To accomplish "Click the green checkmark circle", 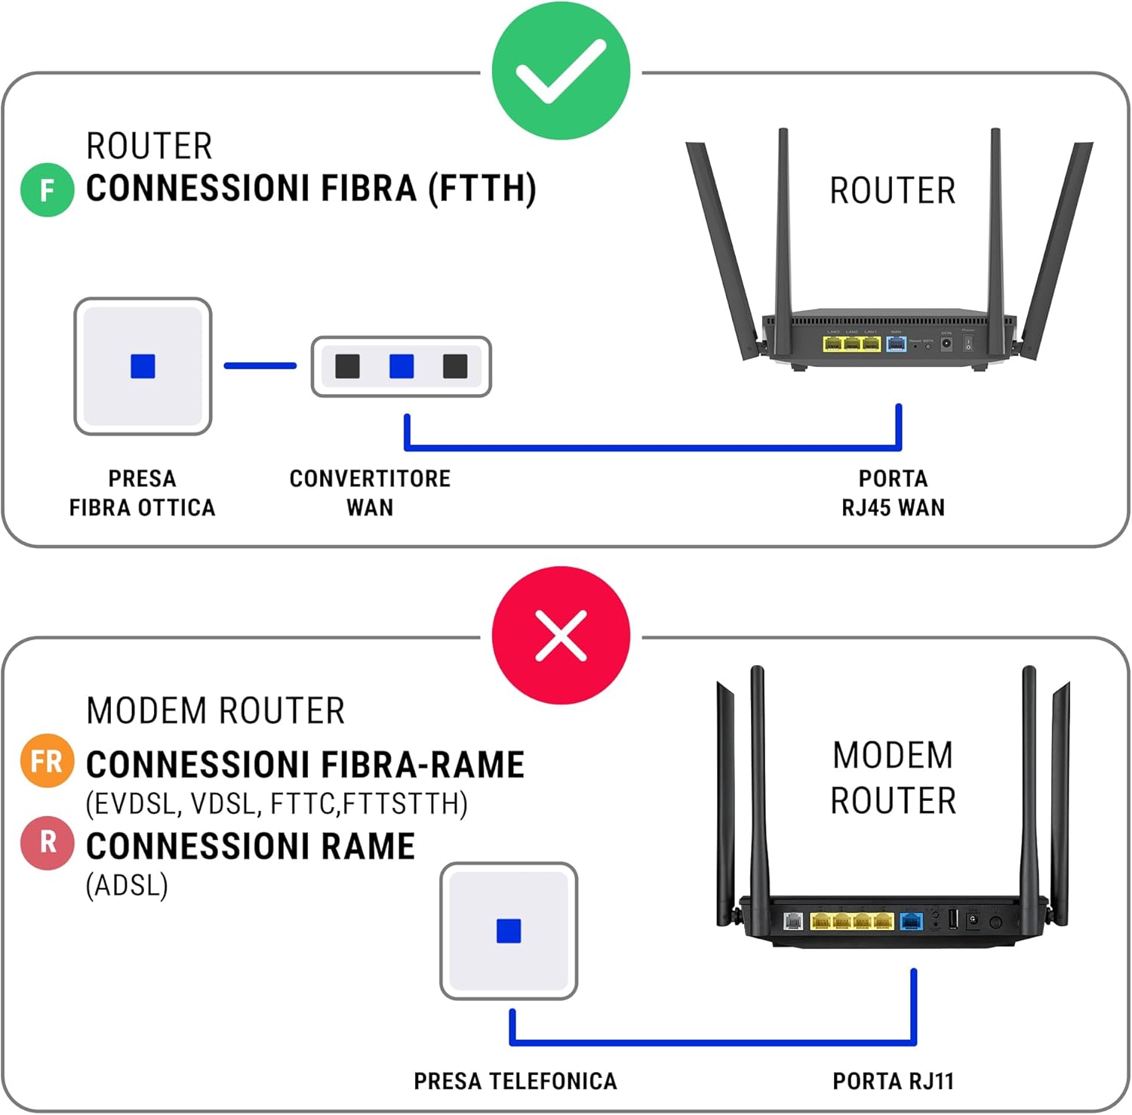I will tap(561, 70).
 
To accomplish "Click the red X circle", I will tap(561, 635).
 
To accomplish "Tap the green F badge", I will tap(47, 190).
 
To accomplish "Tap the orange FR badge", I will tap(47, 761).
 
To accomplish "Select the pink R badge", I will tap(47, 842).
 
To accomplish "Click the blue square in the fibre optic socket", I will tap(143, 366).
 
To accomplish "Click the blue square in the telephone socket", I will tap(509, 931).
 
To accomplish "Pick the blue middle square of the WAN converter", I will tap(401, 367).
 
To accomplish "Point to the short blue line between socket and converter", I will tap(260, 366).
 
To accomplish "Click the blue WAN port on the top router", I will tap(896, 344).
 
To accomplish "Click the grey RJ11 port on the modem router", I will tap(792, 921).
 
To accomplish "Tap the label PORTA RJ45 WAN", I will tap(893, 493).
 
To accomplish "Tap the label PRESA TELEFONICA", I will tap(515, 1081).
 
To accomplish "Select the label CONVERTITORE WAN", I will tap(370, 493).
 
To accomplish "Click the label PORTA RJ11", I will tap(893, 1081).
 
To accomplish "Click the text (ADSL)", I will tap(127, 885).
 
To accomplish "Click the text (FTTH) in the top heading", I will tap(482, 189).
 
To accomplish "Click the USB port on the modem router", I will tap(952, 919).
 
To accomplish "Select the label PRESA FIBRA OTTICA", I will tap(143, 493).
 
